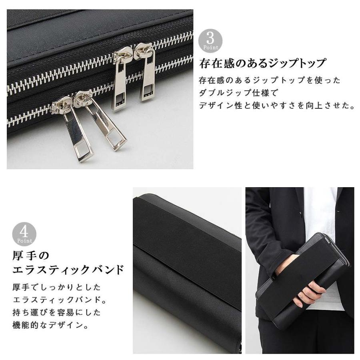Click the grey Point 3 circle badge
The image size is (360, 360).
(210, 41)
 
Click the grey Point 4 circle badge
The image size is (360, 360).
(24, 234)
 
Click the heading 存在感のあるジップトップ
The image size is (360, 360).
(263, 63)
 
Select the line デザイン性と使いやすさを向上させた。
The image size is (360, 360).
(277, 106)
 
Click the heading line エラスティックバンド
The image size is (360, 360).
(68, 270)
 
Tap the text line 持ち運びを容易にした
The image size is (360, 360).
(56, 312)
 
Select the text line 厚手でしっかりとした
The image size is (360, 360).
(56, 287)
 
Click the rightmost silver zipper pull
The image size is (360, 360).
(147, 76)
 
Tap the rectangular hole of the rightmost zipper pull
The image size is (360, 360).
(148, 92)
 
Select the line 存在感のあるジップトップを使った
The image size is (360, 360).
(269, 80)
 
